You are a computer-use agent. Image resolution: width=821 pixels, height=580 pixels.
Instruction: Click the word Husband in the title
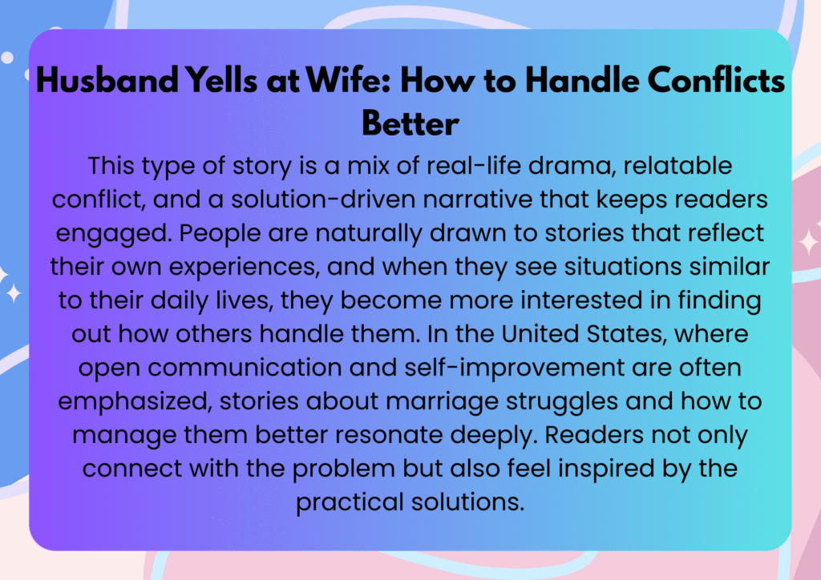[107, 81]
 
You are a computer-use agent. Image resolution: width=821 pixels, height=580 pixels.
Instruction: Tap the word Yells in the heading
[222, 81]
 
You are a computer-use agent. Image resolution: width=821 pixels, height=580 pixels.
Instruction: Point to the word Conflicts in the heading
[716, 81]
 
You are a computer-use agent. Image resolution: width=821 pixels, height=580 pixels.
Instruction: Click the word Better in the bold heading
[410, 123]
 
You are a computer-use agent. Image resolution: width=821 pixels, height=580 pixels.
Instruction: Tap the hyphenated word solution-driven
[323, 199]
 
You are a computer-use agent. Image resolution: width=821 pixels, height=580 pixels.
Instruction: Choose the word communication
[245, 368]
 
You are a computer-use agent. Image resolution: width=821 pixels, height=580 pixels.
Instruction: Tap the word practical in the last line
[350, 502]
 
